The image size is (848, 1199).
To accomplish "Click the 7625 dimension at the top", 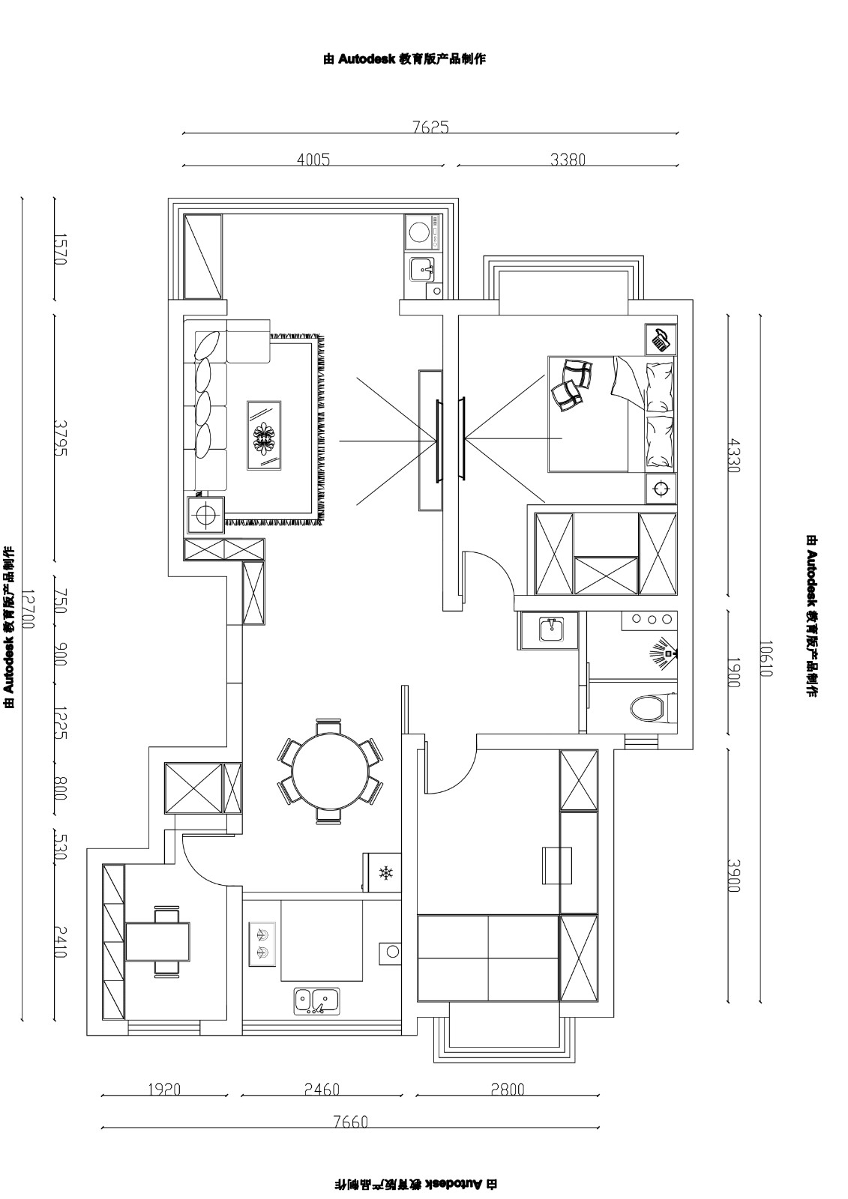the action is coord(430,127).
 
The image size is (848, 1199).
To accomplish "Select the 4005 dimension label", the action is coord(313,160).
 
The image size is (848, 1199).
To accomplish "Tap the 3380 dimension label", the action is coord(568,160).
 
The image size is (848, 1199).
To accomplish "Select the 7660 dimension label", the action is coord(350,1121).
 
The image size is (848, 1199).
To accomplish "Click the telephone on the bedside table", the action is coord(661,339).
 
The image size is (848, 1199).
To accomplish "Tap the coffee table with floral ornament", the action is coord(264,435).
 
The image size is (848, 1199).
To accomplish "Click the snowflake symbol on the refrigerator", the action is coord(385,873).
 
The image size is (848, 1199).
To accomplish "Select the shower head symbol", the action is coord(664,649).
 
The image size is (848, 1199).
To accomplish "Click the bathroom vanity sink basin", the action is coord(551,629).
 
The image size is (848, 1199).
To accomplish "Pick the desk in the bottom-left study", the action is coord(158,941).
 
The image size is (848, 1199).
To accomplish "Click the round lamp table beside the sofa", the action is coord(205,515).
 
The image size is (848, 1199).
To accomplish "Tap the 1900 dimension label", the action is coord(734,672).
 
